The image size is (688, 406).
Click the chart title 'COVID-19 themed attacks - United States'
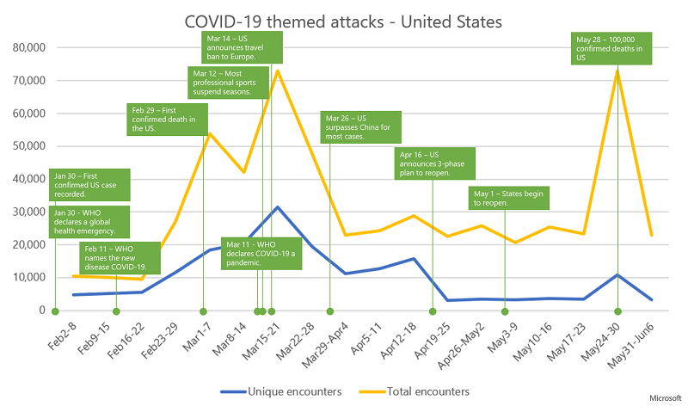[344, 19]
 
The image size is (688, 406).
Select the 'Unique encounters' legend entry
[280, 391]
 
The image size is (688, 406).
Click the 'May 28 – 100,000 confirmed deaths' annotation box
[613, 48]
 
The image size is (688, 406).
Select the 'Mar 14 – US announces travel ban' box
[236, 48]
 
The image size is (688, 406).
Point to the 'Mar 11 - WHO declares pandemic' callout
[258, 251]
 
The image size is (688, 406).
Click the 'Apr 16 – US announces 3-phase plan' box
[433, 161]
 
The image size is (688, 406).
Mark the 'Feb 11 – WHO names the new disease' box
[120, 256]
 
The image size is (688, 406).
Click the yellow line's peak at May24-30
[617, 71]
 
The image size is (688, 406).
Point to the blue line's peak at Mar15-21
[277, 207]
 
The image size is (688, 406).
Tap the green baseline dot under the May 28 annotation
[617, 311]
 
